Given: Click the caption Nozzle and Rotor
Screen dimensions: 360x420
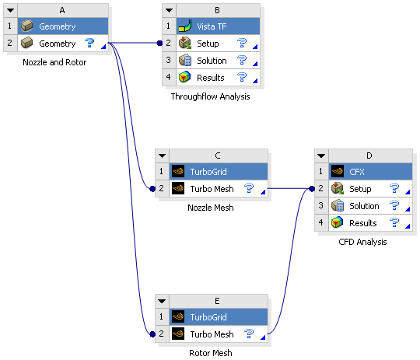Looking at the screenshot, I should pos(55,62).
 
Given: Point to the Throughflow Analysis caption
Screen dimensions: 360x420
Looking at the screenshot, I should pos(210,96).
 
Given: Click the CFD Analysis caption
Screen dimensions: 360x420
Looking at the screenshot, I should pos(362,242).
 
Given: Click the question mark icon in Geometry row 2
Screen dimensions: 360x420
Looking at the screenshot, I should pos(90,44).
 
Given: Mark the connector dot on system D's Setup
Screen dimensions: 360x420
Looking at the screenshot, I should pos(311,189).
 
